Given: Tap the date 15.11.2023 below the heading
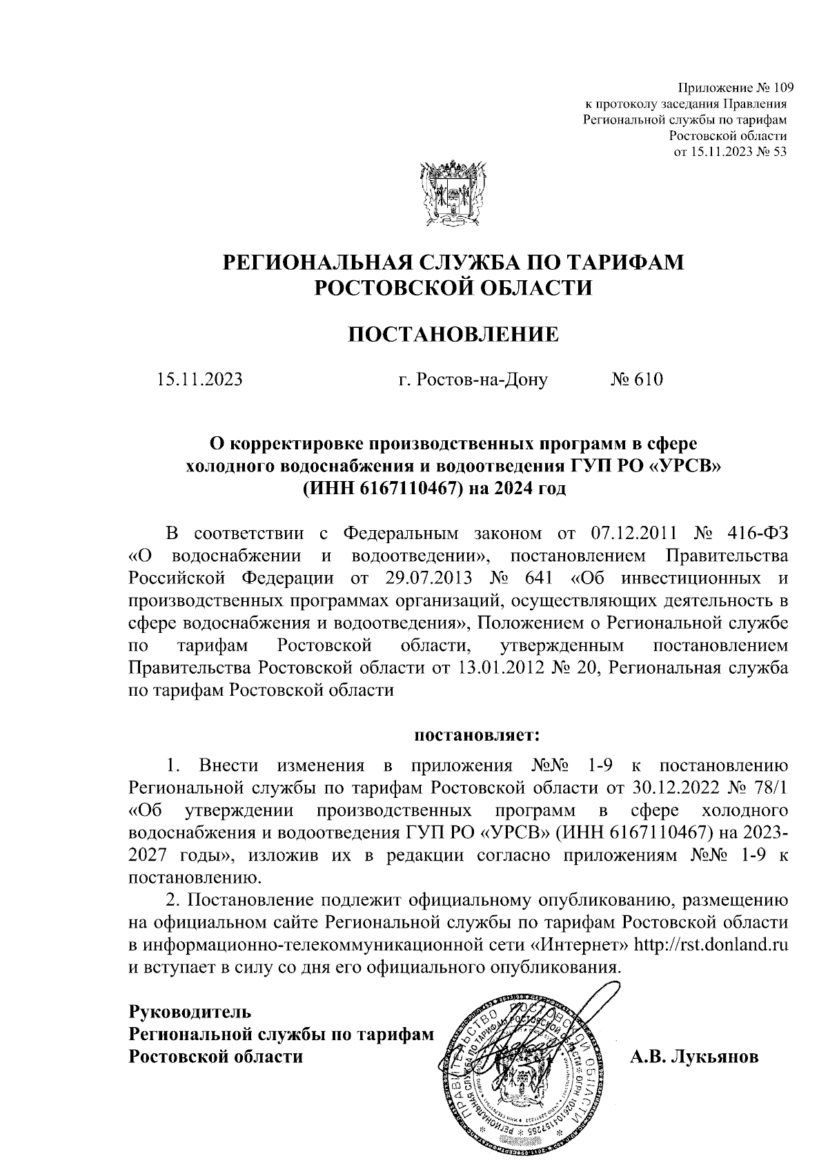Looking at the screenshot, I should click(x=200, y=380).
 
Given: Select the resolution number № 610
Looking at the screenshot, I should click(x=636, y=380).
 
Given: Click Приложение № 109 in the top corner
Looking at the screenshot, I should click(x=736, y=88).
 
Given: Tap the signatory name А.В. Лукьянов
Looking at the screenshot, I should click(x=694, y=1057).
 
